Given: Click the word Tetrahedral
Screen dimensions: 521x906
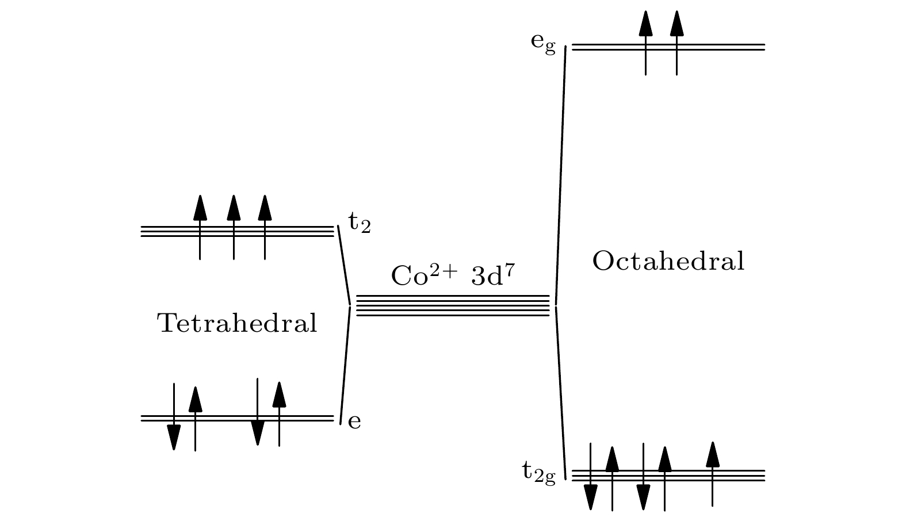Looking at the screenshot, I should coord(237,323).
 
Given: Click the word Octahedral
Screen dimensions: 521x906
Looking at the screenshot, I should coord(668,262).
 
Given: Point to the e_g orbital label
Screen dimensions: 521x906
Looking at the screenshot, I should coord(543,43).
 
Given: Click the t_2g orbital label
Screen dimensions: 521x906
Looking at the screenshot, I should coord(539,473).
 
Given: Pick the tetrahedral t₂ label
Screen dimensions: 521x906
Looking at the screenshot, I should coord(359,222).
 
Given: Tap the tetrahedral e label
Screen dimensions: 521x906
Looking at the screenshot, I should coord(354,421).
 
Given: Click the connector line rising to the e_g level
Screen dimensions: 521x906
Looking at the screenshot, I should coord(560,173).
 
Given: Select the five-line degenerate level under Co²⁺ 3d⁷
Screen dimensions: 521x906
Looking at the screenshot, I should coord(453,305).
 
